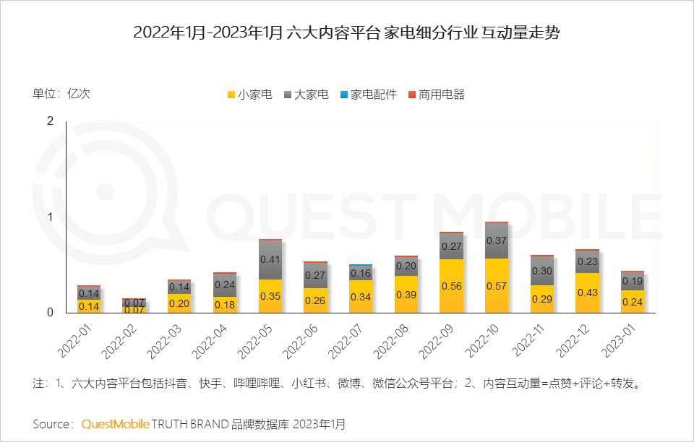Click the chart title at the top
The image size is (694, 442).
pyautogui.click(x=346, y=33)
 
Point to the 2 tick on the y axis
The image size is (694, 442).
pyautogui.click(x=50, y=121)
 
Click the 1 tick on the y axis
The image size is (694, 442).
pyautogui.click(x=50, y=217)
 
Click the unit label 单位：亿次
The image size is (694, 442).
pyautogui.click(x=61, y=93)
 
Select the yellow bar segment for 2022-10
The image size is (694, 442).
pyautogui.click(x=496, y=285)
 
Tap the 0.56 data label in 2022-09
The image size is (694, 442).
pyautogui.click(x=451, y=286)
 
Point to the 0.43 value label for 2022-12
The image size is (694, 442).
pyautogui.click(x=587, y=292)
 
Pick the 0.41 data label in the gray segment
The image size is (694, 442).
pyautogui.click(x=270, y=259)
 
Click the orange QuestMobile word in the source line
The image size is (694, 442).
pyautogui.click(x=115, y=423)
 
